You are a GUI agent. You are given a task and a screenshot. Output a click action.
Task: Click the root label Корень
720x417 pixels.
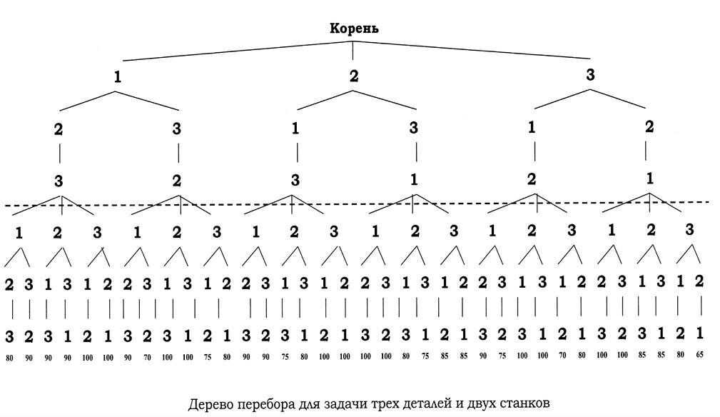coord(353,29)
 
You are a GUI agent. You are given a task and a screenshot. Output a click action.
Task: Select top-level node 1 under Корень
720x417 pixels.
coord(117,77)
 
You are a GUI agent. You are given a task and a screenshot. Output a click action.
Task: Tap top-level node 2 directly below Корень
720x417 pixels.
coord(354,76)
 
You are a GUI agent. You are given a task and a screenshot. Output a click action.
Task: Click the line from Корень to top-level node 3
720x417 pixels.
coord(471,50)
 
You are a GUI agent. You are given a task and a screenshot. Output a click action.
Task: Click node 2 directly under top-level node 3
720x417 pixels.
coord(649,127)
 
